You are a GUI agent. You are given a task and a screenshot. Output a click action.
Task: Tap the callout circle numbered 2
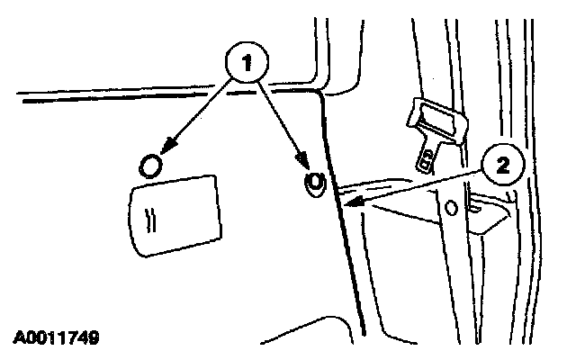point(502,165)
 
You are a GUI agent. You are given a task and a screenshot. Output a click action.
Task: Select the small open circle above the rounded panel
point(152,166)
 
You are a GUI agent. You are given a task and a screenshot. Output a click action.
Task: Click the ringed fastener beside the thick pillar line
point(314,182)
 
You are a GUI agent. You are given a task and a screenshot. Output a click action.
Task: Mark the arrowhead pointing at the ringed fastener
point(309,168)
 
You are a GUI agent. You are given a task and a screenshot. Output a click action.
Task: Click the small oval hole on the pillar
point(452,208)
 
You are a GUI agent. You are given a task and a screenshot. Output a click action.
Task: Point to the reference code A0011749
point(56,337)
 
